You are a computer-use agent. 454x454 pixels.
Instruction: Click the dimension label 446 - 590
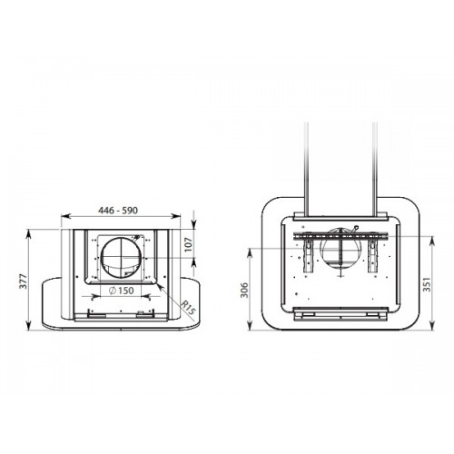pos(118,210)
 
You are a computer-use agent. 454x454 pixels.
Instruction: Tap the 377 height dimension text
pos(24,281)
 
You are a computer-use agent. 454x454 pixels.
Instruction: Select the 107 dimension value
pos(189,244)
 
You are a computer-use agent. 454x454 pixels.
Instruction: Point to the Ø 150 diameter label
pos(121,291)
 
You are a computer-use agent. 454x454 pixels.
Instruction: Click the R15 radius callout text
pos(189,308)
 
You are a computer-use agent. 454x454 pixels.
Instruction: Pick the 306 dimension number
pos(244,290)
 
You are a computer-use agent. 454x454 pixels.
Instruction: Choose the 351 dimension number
pos(427,284)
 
